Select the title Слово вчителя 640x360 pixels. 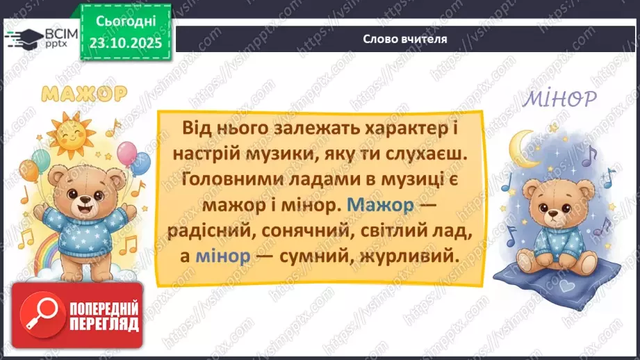click(x=405, y=39)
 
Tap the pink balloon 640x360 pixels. click(x=127, y=153)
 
